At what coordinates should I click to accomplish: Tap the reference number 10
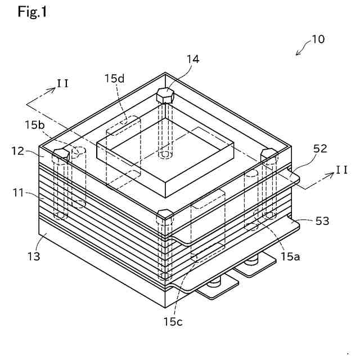[x=318, y=39]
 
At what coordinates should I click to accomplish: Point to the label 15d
[x=115, y=78]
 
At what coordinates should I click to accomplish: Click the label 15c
[x=173, y=322]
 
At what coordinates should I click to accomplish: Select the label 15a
[x=291, y=257]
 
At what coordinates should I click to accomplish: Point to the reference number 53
[x=322, y=222]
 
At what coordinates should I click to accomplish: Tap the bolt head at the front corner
[x=164, y=214]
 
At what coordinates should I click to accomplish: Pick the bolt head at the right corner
[x=268, y=153]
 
